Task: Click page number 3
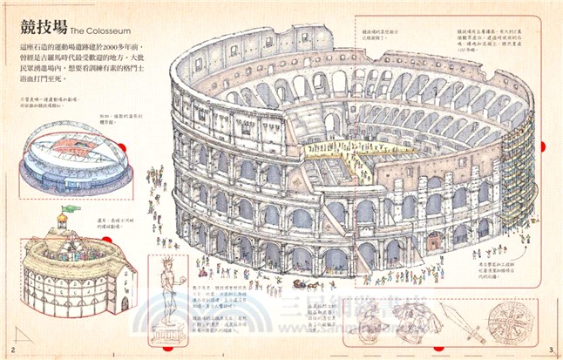tap(551, 350)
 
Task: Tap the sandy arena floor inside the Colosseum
tap(344, 160)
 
